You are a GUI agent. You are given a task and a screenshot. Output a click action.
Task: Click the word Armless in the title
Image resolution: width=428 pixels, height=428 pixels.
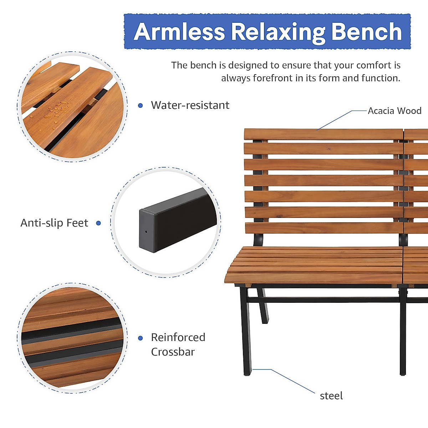tap(179, 32)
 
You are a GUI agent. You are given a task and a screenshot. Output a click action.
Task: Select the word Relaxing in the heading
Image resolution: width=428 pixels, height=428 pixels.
tap(278, 32)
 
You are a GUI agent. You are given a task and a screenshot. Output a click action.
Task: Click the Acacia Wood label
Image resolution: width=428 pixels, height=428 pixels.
tap(394, 111)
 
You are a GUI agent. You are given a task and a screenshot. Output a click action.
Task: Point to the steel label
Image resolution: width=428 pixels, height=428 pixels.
tap(331, 396)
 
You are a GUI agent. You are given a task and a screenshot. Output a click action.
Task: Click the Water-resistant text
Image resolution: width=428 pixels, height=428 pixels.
tap(190, 105)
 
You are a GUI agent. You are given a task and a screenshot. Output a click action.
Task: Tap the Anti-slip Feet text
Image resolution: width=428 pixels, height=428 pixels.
tap(54, 223)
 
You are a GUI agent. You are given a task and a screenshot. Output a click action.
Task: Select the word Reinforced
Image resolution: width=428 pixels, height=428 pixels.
tap(178, 337)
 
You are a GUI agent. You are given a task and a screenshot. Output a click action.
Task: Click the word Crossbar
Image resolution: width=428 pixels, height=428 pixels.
tap(173, 352)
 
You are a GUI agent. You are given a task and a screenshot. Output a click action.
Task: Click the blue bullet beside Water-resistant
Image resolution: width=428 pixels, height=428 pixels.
tap(141, 106)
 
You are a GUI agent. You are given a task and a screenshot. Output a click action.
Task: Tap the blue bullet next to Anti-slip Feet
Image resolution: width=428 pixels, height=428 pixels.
tap(98, 223)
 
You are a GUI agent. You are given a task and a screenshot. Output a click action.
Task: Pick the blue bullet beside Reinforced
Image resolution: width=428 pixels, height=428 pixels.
tap(141, 338)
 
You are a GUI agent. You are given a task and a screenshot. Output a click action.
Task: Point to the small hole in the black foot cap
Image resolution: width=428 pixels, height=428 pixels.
tap(146, 231)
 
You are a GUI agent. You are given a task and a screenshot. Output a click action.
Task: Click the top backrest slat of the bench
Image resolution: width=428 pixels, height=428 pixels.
tap(323, 134)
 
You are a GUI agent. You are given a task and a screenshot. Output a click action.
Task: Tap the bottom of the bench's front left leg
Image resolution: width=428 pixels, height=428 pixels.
tap(247, 373)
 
